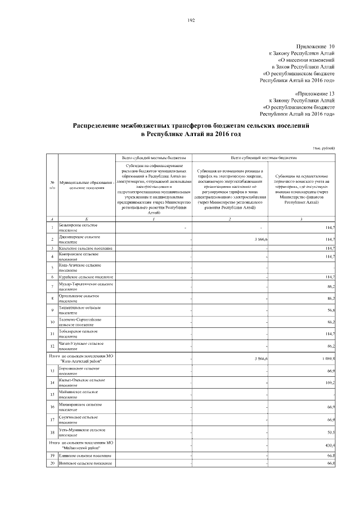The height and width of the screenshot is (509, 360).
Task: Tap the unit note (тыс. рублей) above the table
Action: [x=325, y=147]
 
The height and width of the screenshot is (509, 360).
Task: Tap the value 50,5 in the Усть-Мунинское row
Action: [x=330, y=432]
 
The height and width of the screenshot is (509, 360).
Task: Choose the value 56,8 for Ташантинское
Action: [x=330, y=310]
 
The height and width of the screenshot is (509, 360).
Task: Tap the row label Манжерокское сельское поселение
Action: [x=80, y=407]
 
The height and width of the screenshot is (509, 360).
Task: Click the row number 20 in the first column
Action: [x=52, y=463]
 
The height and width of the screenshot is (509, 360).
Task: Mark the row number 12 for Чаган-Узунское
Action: [x=52, y=346]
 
